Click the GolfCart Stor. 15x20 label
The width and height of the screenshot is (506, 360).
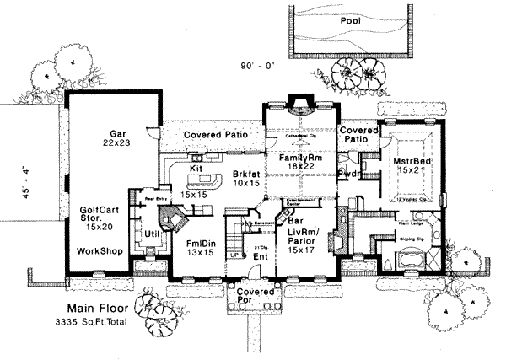(99, 217)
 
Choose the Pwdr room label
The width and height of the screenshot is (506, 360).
(349, 175)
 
